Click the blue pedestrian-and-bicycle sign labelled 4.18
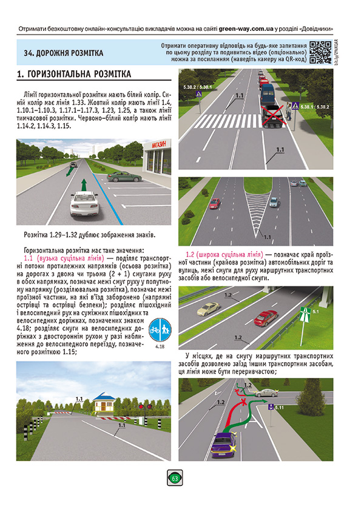pyautogui.click(x=160, y=329)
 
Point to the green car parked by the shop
pyautogui.click(x=118, y=177)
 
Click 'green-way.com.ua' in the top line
pyautogui.click(x=247, y=28)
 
